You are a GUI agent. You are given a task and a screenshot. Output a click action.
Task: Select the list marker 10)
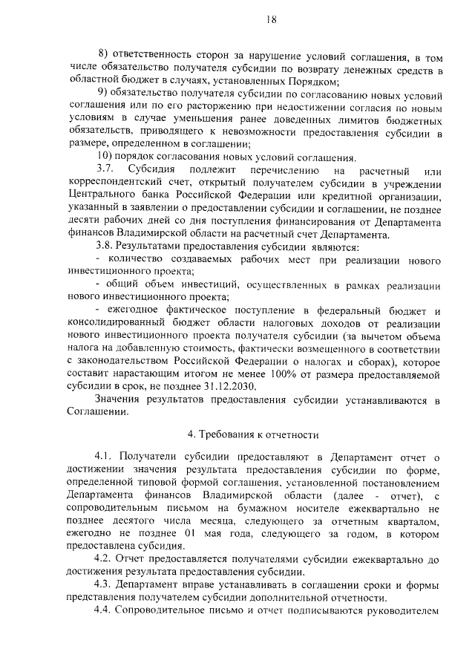pos(107,156)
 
